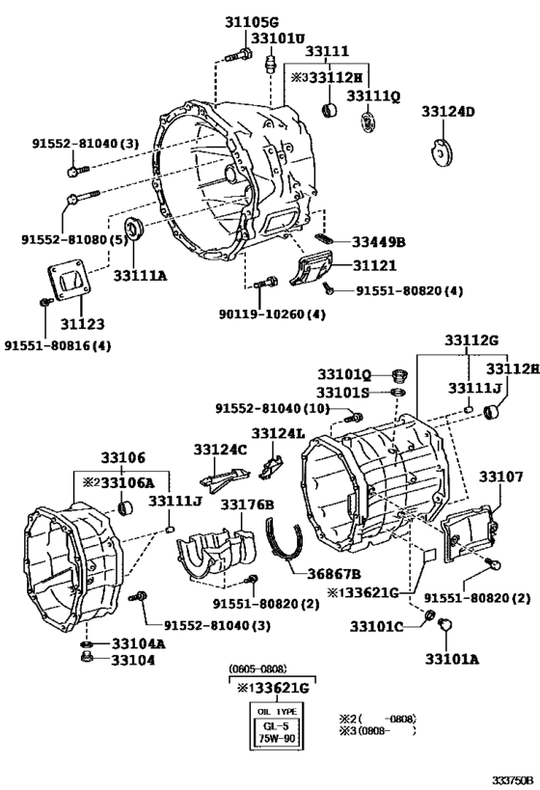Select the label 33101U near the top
[278, 38]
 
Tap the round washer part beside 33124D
[442, 151]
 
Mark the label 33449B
[378, 242]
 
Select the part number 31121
[374, 264]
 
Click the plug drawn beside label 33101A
[445, 629]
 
